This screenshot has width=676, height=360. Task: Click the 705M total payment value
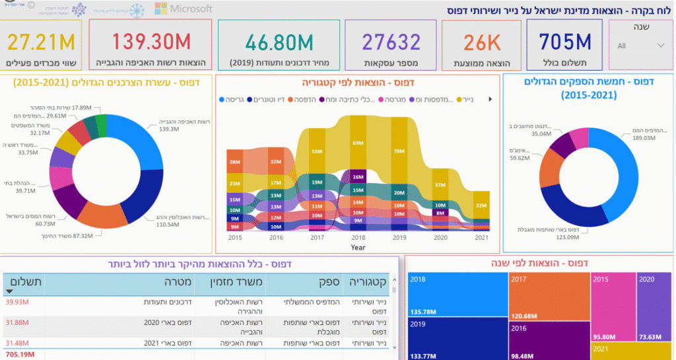pos(564,42)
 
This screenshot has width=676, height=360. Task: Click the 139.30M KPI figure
pos(151,42)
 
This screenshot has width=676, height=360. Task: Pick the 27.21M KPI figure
pos(42,43)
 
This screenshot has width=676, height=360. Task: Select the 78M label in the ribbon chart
pos(398,151)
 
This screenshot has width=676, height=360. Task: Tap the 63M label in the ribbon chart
pos(358,142)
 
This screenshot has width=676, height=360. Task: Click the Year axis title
pos(358,247)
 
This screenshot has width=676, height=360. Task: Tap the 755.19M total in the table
pos(19,354)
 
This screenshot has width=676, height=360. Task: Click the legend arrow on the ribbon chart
pos(490,99)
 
